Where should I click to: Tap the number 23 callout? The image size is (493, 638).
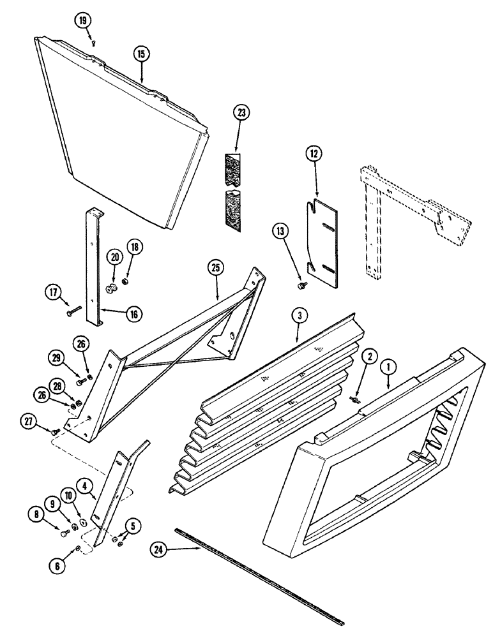(241, 113)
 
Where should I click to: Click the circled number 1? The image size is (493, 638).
(388, 368)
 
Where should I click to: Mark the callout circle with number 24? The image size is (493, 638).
(160, 548)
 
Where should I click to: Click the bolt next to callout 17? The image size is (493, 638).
(72, 312)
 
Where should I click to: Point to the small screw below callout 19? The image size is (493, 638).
(93, 43)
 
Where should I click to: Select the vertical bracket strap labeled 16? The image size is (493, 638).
(94, 268)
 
